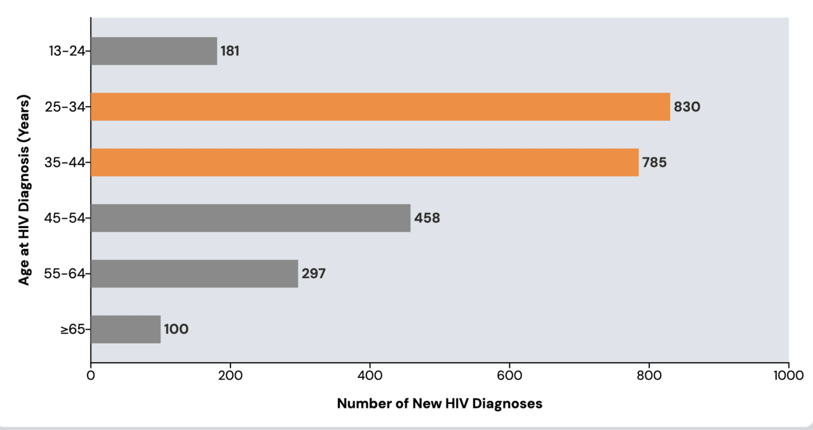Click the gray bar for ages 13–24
154,51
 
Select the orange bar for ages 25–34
380,107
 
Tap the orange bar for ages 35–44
365,162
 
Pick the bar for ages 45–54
250,218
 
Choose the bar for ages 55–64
194,274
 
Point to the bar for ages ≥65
126,329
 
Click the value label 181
230,51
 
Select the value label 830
687,107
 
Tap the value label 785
654,163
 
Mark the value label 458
427,218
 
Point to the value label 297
314,274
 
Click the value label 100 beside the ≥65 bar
176,330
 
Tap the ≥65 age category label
72,330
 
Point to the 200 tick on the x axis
230,375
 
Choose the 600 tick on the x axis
509,375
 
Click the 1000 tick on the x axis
788,375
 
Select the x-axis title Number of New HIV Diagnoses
440,403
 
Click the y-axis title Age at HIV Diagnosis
24,191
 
